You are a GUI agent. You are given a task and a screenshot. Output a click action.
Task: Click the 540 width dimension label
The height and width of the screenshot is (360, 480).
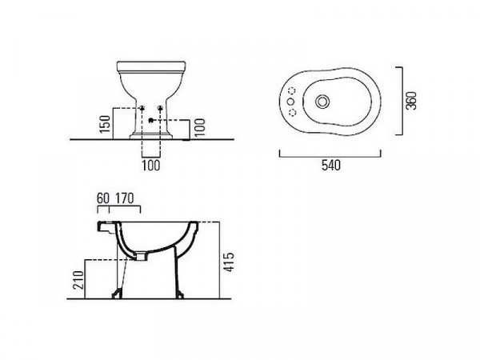pyautogui.click(x=331, y=166)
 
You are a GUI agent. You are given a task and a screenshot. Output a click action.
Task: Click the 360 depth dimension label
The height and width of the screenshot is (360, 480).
pyautogui.click(x=411, y=101)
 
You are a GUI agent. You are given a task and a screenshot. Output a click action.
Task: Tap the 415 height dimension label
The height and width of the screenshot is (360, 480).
pyautogui.click(x=228, y=262)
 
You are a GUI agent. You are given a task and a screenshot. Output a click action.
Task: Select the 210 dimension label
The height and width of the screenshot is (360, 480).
pyautogui.click(x=79, y=280)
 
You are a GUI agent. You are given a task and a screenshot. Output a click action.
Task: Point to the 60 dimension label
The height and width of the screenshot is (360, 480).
pyautogui.click(x=103, y=198)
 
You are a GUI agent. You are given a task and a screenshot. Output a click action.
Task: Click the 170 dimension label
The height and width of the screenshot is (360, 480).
pyautogui.click(x=125, y=198)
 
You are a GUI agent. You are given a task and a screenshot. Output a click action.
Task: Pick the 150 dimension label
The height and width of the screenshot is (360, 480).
pyautogui.click(x=106, y=124)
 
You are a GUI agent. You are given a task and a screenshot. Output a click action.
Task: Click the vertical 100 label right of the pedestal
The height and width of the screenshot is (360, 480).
pyautogui.click(x=199, y=127)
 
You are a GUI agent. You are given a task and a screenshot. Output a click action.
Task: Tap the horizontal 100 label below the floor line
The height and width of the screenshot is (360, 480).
pyautogui.click(x=151, y=166)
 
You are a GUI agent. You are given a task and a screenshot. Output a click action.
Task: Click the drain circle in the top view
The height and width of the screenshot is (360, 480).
pyautogui.click(x=322, y=102)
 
